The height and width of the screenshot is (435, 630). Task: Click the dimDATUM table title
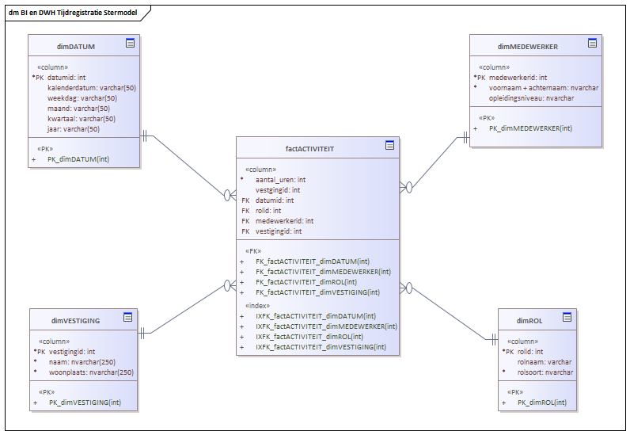point(75,47)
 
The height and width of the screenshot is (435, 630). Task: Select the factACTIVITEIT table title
point(309,149)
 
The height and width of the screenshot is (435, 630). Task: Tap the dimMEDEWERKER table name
point(528,47)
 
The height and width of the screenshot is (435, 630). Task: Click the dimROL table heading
point(529,321)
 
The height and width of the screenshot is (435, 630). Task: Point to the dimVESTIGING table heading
point(75,321)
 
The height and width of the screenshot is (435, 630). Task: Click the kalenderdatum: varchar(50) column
point(92,88)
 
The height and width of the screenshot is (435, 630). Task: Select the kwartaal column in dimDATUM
point(82,119)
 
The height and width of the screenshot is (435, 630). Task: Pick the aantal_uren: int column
point(280,180)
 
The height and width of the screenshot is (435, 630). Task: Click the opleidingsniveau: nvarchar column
point(531,98)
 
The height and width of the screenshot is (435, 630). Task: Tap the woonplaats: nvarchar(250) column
point(91,372)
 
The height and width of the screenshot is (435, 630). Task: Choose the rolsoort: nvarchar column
point(545,372)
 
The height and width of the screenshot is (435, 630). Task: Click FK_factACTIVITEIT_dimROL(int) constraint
point(306,282)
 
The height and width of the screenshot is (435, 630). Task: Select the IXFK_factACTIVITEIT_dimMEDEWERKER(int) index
point(326,326)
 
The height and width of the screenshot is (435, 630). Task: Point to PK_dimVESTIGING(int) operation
point(85,403)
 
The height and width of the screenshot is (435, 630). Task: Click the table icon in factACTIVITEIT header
point(389,145)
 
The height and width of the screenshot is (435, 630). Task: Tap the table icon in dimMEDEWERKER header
point(592,43)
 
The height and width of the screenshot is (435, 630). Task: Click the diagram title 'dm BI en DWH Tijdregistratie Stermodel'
point(73,13)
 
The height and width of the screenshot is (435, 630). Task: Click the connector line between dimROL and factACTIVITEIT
point(450,314)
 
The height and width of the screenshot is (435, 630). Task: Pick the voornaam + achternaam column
point(544,88)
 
